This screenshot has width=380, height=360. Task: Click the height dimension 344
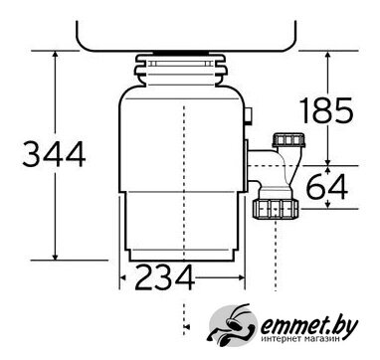coord(54,154)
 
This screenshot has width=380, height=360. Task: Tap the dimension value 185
coord(326,110)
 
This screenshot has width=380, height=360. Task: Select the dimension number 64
coord(327,187)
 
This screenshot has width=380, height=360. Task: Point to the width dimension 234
coord(165,277)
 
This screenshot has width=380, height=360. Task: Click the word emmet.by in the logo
coord(309,327)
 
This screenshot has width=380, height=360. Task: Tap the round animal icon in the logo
coord(233,323)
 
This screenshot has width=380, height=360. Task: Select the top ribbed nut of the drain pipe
coord(288,140)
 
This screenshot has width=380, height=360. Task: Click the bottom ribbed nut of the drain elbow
coord(276,209)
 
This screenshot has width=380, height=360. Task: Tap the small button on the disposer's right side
coord(249,116)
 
